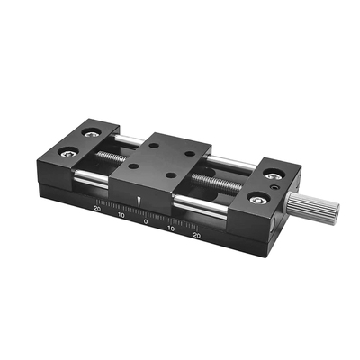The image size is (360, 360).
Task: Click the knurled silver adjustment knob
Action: [x=312, y=205]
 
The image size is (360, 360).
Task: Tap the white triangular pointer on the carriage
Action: [x=139, y=202]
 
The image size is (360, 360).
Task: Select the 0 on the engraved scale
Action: [x=146, y=221]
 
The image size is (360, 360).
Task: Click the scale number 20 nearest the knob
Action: [x=196, y=235]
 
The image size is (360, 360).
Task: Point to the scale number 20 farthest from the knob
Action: [x=97, y=209]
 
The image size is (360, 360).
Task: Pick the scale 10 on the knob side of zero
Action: [x=171, y=229]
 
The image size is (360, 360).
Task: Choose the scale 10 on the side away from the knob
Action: [x=121, y=215]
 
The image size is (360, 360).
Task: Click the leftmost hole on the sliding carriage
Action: [x=134, y=166]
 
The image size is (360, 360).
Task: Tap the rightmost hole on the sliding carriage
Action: [x=190, y=154]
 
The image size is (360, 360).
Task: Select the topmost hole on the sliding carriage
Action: [x=154, y=146]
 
